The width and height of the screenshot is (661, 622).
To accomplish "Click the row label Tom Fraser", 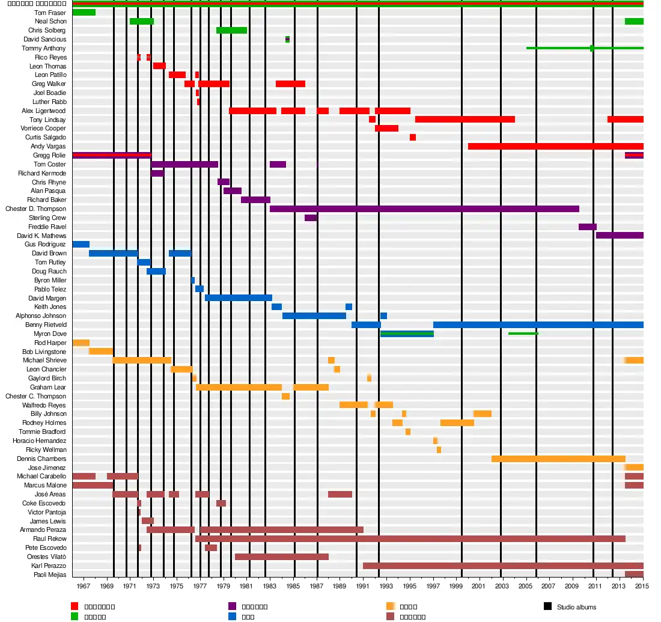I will [x=50, y=13].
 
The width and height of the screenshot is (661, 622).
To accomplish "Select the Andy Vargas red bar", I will [x=555, y=147].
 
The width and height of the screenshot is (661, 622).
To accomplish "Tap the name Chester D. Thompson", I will [x=36, y=209].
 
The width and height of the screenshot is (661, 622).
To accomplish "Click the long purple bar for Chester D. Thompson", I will [x=424, y=209].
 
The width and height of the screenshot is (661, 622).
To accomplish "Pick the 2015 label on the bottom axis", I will [x=642, y=586].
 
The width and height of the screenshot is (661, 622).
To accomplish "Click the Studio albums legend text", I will [x=576, y=608].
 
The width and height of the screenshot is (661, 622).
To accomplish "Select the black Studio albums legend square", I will [x=547, y=607].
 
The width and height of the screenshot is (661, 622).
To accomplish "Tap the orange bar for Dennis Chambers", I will [x=558, y=459].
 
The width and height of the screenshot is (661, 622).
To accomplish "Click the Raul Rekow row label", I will [x=50, y=539].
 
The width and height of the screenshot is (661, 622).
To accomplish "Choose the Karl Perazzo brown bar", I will [x=503, y=566].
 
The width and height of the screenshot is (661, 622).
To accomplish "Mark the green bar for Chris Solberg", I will [x=231, y=31].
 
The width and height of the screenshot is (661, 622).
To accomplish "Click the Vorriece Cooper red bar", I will [x=386, y=129].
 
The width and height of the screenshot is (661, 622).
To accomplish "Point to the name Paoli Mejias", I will [x=50, y=575].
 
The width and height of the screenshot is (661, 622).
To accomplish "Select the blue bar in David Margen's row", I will [x=239, y=298].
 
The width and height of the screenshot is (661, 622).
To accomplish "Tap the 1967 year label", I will [x=84, y=586].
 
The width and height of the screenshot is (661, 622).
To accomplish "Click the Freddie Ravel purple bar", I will [x=587, y=227].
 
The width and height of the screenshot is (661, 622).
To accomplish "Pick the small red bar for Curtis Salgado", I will [x=413, y=138].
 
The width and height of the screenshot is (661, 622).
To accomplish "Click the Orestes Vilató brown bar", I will [x=282, y=557].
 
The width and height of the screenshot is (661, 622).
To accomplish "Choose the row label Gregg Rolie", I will [x=50, y=156].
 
